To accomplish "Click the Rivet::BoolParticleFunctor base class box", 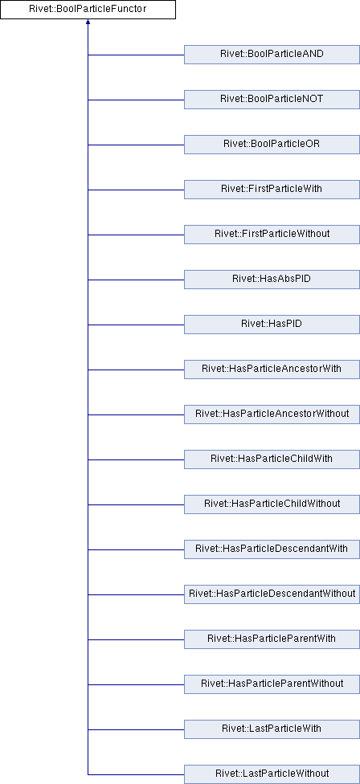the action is click(x=88, y=10).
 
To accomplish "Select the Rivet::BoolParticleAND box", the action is click(x=272, y=55).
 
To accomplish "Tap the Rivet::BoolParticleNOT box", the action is click(x=272, y=100).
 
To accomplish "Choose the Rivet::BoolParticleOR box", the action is click(x=272, y=145).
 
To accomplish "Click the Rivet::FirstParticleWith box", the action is click(x=272, y=190).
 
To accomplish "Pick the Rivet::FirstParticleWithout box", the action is click(x=272, y=235).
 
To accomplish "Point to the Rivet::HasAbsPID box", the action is click(x=272, y=280).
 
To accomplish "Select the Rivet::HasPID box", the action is click(x=272, y=325).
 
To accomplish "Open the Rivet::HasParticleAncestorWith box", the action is click(x=272, y=370).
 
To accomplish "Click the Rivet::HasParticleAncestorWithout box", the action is click(x=272, y=414).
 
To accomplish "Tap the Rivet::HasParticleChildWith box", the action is click(x=272, y=459).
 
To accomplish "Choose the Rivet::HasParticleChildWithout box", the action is click(x=272, y=504).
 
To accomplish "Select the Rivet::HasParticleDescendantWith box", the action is click(x=272, y=549).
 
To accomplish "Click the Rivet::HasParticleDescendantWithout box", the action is click(x=272, y=594).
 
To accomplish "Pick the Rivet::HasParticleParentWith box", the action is click(x=272, y=639).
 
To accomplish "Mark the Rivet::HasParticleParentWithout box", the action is click(x=272, y=684).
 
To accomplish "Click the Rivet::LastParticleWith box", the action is click(x=272, y=729).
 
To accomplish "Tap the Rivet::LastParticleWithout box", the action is click(x=272, y=774).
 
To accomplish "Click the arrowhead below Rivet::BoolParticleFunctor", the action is click(x=88, y=22).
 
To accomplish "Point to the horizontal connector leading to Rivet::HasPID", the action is click(x=136, y=325).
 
